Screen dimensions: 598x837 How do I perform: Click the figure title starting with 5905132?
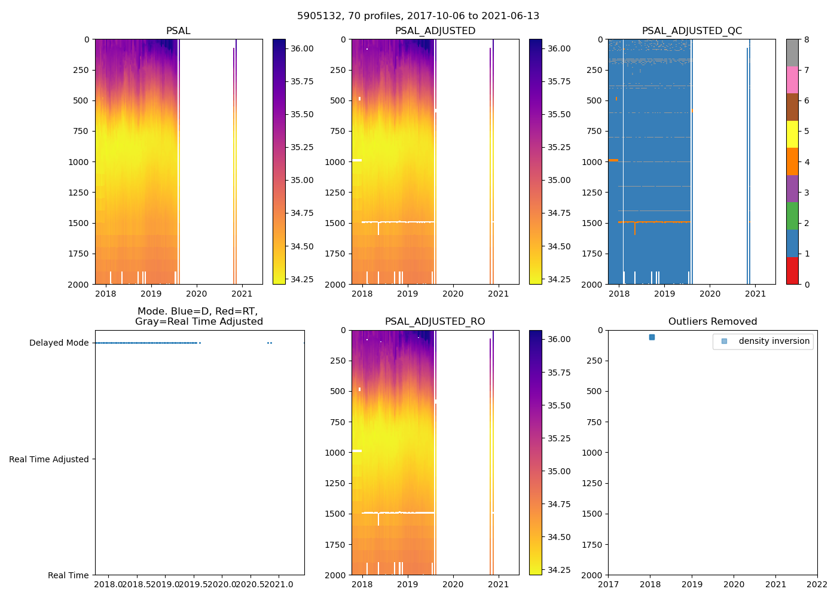[x=418, y=16]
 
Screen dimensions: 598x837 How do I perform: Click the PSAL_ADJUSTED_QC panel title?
[x=692, y=31]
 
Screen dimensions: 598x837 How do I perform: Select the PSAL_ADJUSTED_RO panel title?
[x=435, y=322]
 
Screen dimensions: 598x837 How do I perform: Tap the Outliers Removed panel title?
[x=713, y=322]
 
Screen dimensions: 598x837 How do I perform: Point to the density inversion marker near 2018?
[x=652, y=337]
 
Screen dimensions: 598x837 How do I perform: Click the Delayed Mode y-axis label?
[x=59, y=343]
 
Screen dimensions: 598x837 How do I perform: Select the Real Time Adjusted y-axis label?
[x=49, y=459]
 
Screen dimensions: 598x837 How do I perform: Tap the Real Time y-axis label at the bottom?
[x=68, y=575]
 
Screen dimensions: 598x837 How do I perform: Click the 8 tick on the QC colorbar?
[x=807, y=39]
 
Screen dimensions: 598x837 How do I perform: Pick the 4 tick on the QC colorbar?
[x=807, y=162]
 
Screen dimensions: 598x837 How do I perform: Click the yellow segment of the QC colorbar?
[x=792, y=135]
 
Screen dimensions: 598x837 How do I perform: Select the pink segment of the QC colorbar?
[x=792, y=80]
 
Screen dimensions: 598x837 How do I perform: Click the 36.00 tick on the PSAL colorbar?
[x=302, y=48]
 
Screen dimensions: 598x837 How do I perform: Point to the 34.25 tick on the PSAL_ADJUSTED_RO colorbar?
[x=559, y=570]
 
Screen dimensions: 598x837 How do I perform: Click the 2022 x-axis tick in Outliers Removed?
[x=817, y=584]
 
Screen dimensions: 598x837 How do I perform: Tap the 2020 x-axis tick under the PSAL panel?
[x=196, y=294]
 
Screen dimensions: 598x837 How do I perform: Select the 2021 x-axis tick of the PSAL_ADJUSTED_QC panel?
[x=756, y=294]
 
